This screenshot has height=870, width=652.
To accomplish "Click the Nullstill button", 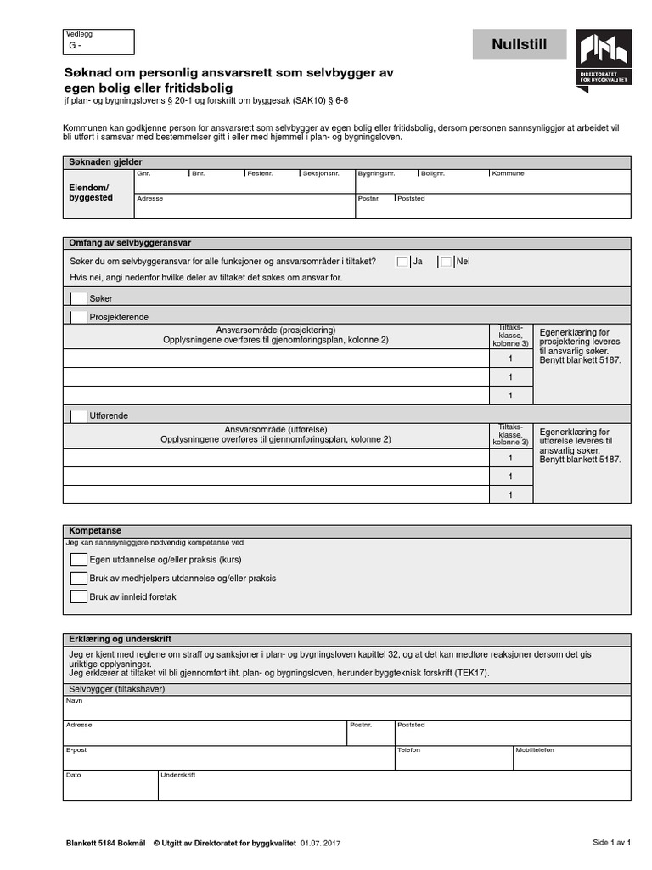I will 519,45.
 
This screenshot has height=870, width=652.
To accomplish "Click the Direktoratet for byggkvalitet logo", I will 603,59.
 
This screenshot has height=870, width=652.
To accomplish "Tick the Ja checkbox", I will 403,263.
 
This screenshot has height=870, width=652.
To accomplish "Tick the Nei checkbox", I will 447,263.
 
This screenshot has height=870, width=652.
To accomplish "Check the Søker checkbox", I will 79,298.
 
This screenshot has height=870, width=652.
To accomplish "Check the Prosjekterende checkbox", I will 79,317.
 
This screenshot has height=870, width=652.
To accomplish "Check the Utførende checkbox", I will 79,416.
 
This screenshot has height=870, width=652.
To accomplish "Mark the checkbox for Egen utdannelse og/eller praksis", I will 79,560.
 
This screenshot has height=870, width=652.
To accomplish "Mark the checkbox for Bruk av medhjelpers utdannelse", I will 79,579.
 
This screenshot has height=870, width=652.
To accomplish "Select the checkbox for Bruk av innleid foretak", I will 79,597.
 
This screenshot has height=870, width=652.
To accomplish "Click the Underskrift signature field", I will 394,788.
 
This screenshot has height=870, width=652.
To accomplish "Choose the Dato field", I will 110,788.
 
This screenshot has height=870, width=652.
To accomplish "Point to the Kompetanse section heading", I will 95,530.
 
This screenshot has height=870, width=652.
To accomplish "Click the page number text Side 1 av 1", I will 611,842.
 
